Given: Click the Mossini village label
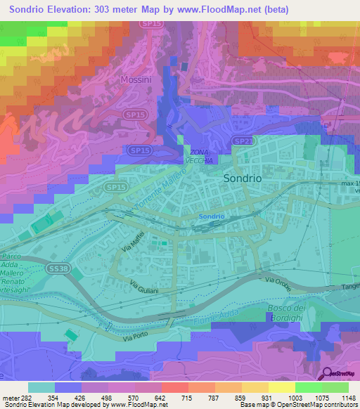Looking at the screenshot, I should point(136,79).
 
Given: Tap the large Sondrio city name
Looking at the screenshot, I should point(243,178).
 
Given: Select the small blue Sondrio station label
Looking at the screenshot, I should point(211,216).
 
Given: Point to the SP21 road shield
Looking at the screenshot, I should point(243,141).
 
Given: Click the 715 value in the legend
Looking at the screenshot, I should point(168,398).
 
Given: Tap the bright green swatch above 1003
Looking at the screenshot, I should point(309,387).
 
